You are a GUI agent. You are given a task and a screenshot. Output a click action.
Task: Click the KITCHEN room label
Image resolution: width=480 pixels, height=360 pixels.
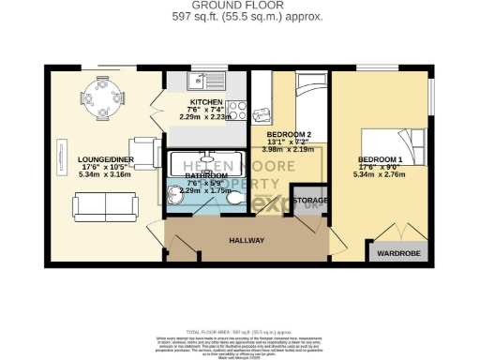(x=206, y=101)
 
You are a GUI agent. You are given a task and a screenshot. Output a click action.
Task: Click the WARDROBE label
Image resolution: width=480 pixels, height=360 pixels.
(x=393, y=253)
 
